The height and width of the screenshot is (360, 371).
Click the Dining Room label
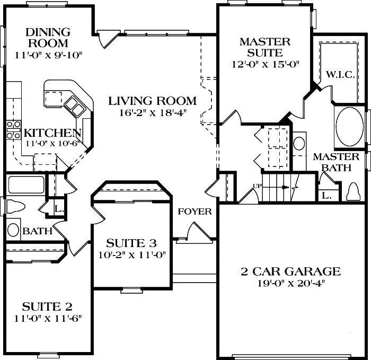point(48,38)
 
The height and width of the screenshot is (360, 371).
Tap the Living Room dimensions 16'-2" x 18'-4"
point(153,113)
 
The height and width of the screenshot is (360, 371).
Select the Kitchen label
point(52,133)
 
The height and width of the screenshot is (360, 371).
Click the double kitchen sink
point(75,107)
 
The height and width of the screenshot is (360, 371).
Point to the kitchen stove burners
point(13,130)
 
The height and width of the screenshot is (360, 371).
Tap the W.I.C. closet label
point(340,75)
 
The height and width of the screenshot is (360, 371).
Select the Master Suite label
point(265,47)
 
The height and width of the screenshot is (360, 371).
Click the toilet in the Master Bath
point(354,192)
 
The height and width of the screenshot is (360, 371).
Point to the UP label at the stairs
point(258,186)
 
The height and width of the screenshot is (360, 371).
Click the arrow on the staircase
point(276,188)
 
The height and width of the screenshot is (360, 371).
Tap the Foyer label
point(195,212)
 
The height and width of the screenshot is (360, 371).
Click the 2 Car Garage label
point(291,271)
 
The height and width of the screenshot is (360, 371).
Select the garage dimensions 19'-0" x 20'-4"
point(291,283)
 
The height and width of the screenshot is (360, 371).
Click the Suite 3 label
point(131,243)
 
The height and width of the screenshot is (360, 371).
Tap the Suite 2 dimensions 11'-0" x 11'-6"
point(48,319)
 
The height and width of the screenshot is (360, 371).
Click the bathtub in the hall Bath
point(26,185)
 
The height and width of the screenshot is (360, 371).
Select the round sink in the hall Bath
point(13,230)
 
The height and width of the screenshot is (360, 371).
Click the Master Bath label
point(336,162)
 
